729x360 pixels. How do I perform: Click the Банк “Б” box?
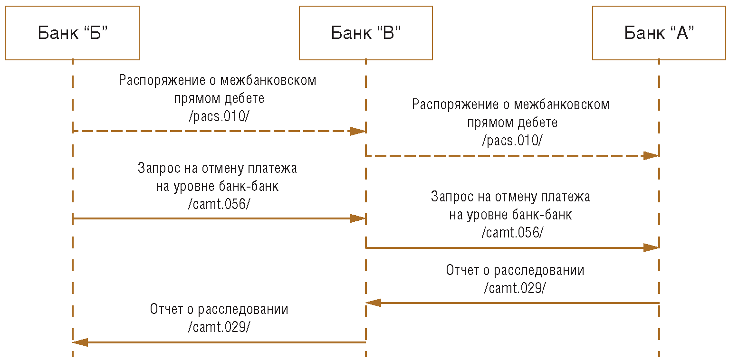click(x=72, y=33)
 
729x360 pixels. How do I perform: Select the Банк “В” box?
click(x=365, y=33)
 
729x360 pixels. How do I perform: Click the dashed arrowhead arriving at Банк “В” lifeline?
click(x=358, y=131)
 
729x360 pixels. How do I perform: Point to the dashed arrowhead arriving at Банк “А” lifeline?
click(x=651, y=155)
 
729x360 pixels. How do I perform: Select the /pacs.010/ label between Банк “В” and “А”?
click(x=512, y=141)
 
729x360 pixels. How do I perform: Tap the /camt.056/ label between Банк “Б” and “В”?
click(x=219, y=204)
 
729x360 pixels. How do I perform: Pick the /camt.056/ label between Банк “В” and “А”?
click(x=512, y=233)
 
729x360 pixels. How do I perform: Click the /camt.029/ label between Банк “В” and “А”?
click(x=515, y=288)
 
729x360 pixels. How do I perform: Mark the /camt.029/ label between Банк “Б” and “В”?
click(x=219, y=327)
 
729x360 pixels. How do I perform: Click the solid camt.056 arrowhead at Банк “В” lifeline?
click(x=358, y=218)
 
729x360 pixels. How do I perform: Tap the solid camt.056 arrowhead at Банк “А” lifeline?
click(x=651, y=247)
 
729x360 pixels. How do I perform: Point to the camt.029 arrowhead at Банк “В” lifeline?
click(x=374, y=303)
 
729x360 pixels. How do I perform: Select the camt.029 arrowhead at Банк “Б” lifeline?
click(x=80, y=342)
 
